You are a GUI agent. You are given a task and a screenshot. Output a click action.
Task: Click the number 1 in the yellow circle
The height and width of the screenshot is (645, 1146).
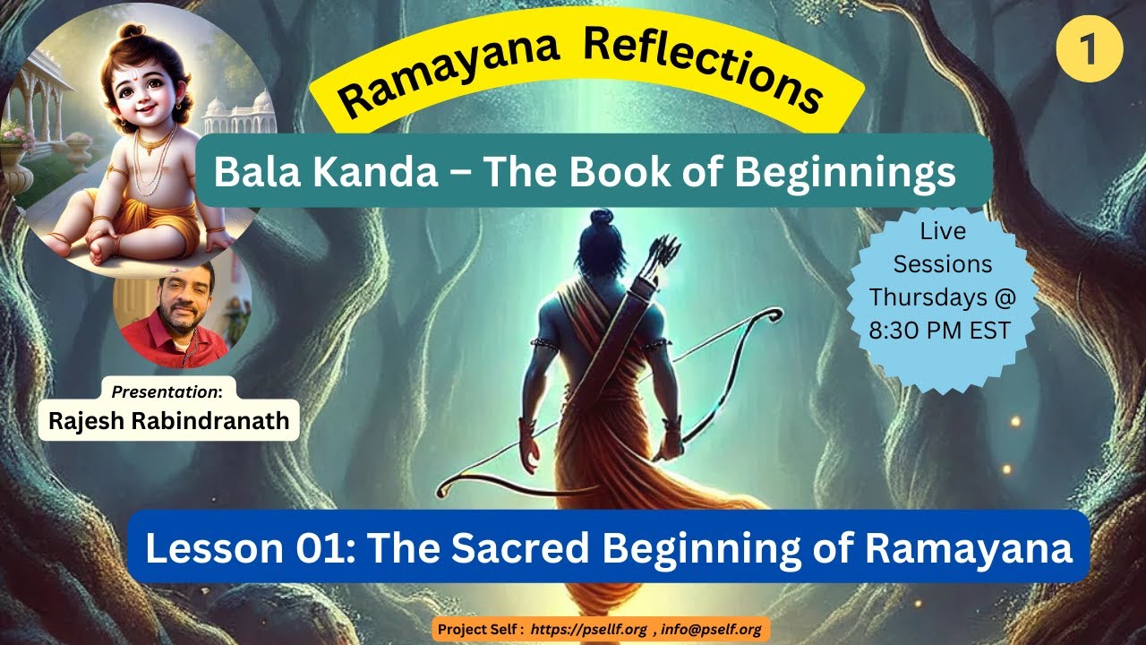(1089, 48)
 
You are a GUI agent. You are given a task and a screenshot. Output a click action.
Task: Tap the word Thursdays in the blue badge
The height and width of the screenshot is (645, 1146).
(938, 296)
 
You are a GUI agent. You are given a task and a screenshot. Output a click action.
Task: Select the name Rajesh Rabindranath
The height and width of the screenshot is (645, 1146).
(169, 421)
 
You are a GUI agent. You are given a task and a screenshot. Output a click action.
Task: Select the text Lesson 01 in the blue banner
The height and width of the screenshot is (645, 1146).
(246, 547)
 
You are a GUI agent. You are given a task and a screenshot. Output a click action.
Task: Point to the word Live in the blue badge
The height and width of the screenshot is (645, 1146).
(943, 231)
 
